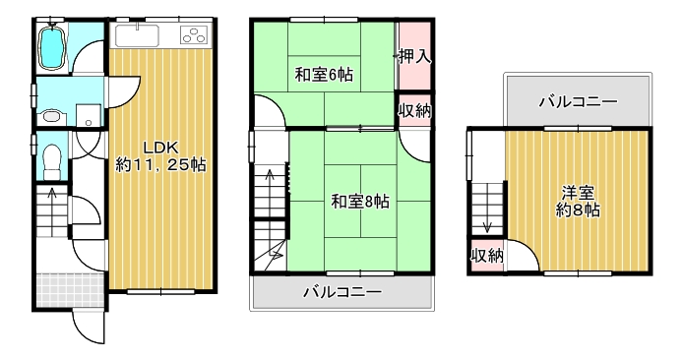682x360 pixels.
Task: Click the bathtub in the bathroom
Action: coord(52,47)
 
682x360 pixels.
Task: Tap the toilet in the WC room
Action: coord(53,161)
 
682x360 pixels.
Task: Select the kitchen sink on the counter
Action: coord(137,34)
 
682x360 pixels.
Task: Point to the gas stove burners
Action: coord(194,34)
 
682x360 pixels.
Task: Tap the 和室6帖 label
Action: coord(324,75)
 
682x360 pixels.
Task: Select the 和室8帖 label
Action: coord(360,202)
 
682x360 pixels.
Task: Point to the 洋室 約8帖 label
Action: coord(578,202)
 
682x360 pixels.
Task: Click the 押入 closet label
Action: coord(415,56)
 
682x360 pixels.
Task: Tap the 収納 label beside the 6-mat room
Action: coord(415,111)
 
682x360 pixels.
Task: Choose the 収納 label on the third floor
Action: coord(487,256)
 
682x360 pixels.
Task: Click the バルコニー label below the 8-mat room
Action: coord(342,291)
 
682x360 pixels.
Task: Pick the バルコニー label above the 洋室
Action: coord(578,102)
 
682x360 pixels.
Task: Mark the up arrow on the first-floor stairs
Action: coord(52,211)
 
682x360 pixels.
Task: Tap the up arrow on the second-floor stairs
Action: coord(270,191)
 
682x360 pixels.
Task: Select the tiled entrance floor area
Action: coord(71,290)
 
